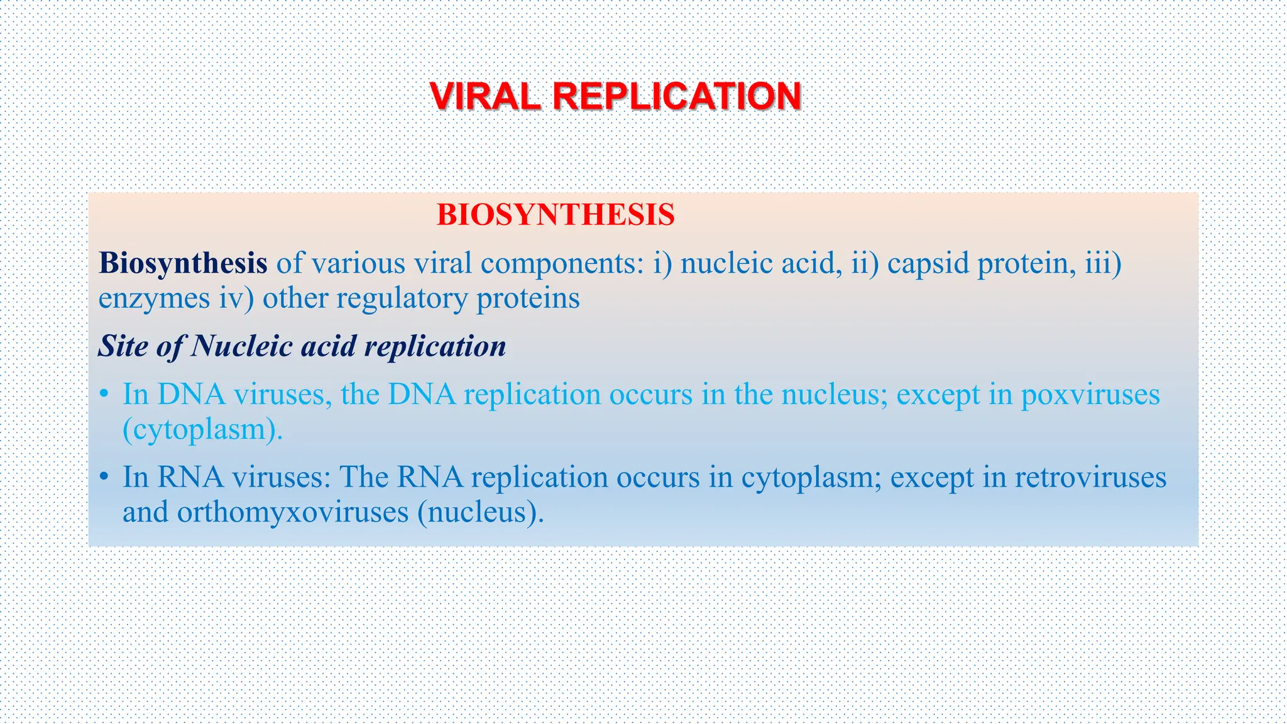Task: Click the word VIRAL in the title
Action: pyautogui.click(x=485, y=97)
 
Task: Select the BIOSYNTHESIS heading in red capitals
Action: pyautogui.click(x=556, y=215)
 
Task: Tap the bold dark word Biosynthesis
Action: pyautogui.click(x=183, y=263)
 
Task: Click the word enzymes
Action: pyautogui.click(x=154, y=299)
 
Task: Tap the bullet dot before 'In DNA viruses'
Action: pyautogui.click(x=104, y=395)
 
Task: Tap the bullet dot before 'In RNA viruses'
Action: pyautogui.click(x=104, y=478)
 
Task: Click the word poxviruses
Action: pyautogui.click(x=1090, y=395)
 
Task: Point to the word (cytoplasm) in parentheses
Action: pyautogui.click(x=202, y=430)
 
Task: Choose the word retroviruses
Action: pyautogui.click(x=1090, y=478)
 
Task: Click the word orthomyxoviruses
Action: pyautogui.click(x=292, y=512)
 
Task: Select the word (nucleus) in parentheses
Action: pyautogui.click(x=480, y=512)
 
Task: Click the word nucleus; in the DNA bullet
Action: pyautogui.click(x=834, y=395)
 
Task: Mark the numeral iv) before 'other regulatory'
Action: pyautogui.click(x=236, y=299)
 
